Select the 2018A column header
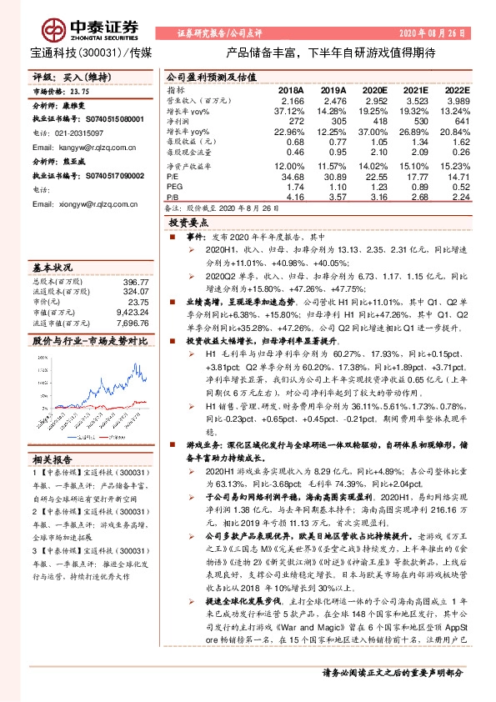[x=291, y=89]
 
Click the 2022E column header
[x=458, y=89]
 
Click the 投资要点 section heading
[x=188, y=224]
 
